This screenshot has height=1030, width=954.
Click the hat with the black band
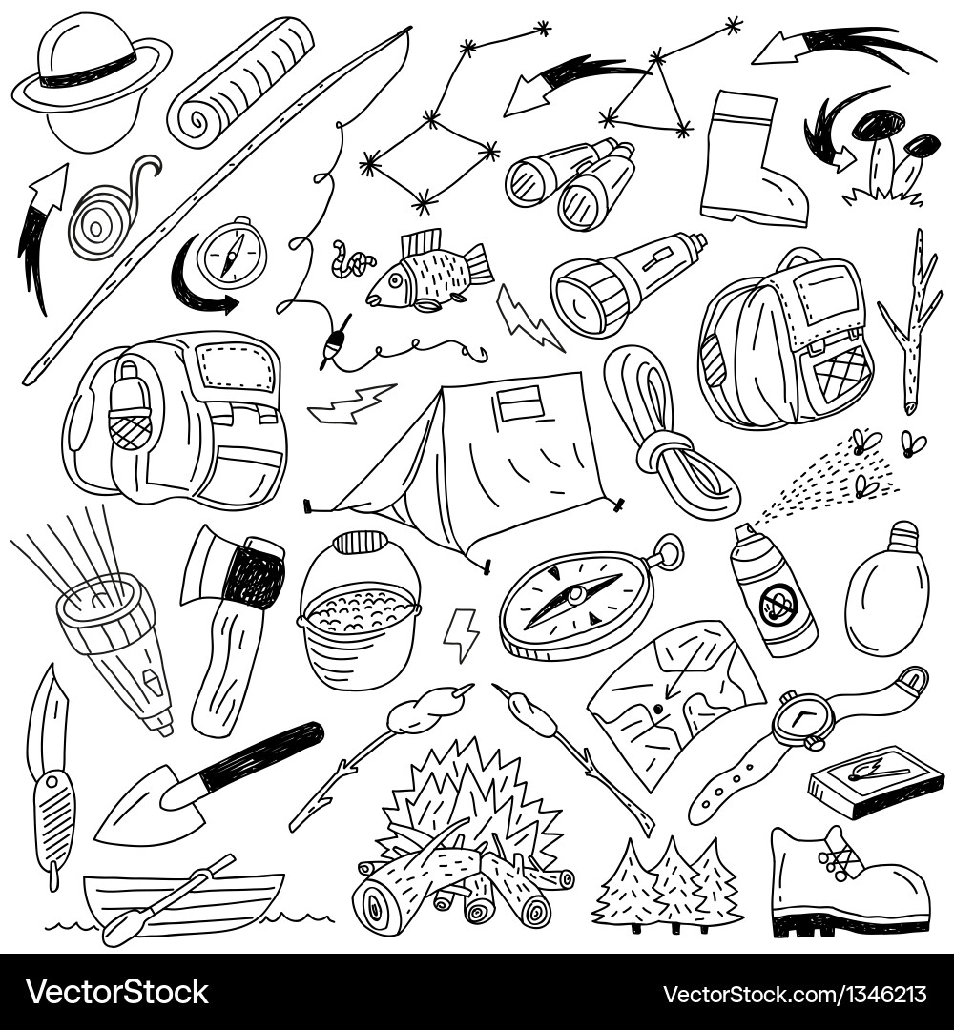(91, 72)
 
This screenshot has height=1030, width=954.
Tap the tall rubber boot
(749, 162)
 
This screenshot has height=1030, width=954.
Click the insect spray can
(773, 591)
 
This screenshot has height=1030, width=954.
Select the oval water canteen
(887, 591)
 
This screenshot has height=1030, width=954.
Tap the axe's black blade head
(256, 572)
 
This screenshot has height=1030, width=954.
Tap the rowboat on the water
(181, 901)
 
